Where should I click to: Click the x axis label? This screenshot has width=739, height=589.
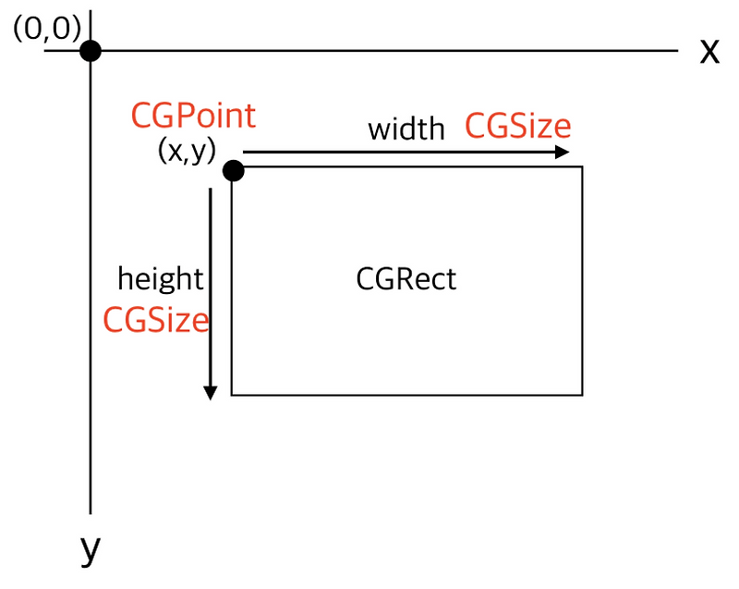pos(709,52)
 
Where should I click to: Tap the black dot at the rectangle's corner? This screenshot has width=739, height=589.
pos(233,170)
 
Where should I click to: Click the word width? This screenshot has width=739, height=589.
pos(406,129)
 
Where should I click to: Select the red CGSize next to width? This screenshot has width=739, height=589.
pos(517,126)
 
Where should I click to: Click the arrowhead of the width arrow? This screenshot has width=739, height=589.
pos(563,153)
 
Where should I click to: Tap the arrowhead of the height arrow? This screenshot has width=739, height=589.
pos(211,392)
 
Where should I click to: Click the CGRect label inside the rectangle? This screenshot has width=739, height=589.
pos(406,278)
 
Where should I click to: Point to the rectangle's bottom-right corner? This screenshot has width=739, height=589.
pos(582,395)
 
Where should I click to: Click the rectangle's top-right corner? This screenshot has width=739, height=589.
pos(582,167)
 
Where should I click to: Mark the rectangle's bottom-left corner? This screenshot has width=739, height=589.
pos(232,395)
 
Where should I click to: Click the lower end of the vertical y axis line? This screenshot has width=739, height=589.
pos(90,510)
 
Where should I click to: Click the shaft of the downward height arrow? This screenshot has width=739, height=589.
pos(211,277)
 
